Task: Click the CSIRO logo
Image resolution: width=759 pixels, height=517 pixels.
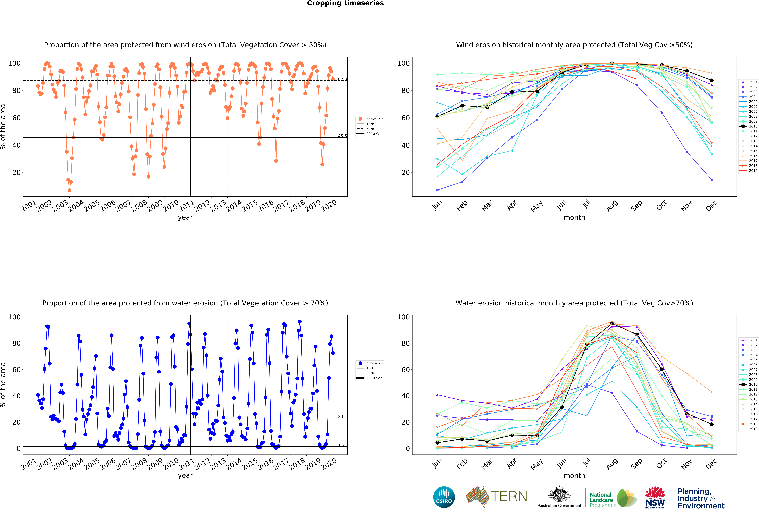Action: (444, 497)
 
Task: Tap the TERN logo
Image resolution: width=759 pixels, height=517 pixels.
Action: (496, 496)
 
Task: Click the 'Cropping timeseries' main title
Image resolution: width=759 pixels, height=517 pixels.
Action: (345, 3)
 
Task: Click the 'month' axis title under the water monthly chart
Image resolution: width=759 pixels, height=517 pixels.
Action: (574, 476)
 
